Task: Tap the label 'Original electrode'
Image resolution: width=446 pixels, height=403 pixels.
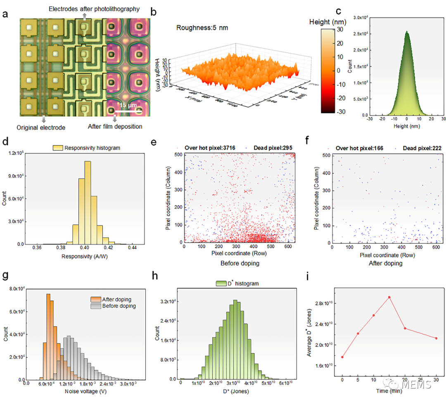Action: pos(41,127)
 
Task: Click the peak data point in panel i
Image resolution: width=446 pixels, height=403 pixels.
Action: pos(389,297)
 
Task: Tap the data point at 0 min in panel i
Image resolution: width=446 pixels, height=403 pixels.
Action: pos(342,357)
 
